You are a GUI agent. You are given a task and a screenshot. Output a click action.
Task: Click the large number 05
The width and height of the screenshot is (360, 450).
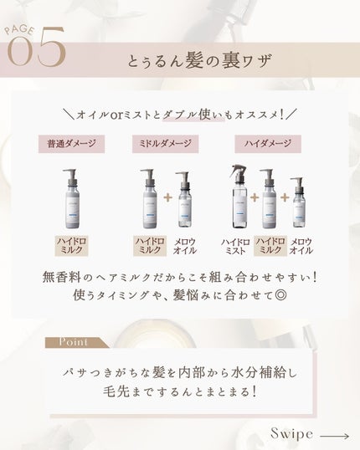pyautogui.click(x=35, y=51)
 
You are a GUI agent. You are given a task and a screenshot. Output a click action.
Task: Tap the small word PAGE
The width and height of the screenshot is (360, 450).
pyautogui.click(x=20, y=31)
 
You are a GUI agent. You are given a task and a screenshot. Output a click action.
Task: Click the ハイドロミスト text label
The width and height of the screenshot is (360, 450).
pyautogui.click(x=236, y=245)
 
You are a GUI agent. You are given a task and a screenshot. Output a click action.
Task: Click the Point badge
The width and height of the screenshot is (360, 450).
pyautogui.click(x=75, y=342)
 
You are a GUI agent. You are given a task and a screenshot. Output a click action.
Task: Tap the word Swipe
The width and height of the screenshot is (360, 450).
pyautogui.click(x=291, y=433)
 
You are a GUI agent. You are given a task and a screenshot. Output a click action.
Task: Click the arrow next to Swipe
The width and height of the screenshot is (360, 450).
pyautogui.click(x=334, y=434)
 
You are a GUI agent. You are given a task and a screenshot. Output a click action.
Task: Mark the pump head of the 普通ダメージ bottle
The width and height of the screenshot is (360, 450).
pyautogui.click(x=72, y=174)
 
